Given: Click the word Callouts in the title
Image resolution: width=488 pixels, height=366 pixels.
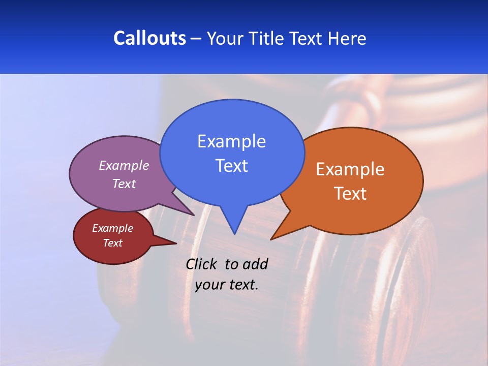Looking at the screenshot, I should tap(149, 38).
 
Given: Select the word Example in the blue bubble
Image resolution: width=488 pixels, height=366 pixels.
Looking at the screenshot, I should tap(231, 141).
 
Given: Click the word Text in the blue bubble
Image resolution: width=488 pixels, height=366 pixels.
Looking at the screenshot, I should tap(231, 166).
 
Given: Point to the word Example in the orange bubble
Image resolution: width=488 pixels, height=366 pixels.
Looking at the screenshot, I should tap(350, 169).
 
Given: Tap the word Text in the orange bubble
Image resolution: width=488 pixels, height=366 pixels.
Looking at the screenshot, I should tap(350, 194).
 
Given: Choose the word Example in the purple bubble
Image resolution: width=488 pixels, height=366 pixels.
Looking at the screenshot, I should tap(124, 166).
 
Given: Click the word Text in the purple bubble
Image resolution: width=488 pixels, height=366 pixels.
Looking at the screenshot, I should tap(124, 184).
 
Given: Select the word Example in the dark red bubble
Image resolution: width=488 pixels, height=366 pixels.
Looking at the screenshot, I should tap(112, 229).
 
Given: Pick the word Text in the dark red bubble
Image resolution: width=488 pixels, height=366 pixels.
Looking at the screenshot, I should tap(112, 243).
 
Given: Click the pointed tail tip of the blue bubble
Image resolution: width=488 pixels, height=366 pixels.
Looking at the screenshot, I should tap(234, 234).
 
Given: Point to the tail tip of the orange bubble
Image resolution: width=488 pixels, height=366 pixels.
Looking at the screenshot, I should tap(271, 239).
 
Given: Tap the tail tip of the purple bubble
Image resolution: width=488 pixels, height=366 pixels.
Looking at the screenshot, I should tap(194, 215).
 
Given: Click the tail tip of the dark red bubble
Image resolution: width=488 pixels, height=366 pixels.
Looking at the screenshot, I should tap(176, 243).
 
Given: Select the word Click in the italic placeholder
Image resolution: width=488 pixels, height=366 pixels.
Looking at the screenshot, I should tap(202, 264).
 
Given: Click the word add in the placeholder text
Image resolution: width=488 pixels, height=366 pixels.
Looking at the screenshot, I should tap(255, 264).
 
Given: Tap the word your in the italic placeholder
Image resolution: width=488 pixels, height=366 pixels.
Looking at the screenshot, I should tap(209, 285).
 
